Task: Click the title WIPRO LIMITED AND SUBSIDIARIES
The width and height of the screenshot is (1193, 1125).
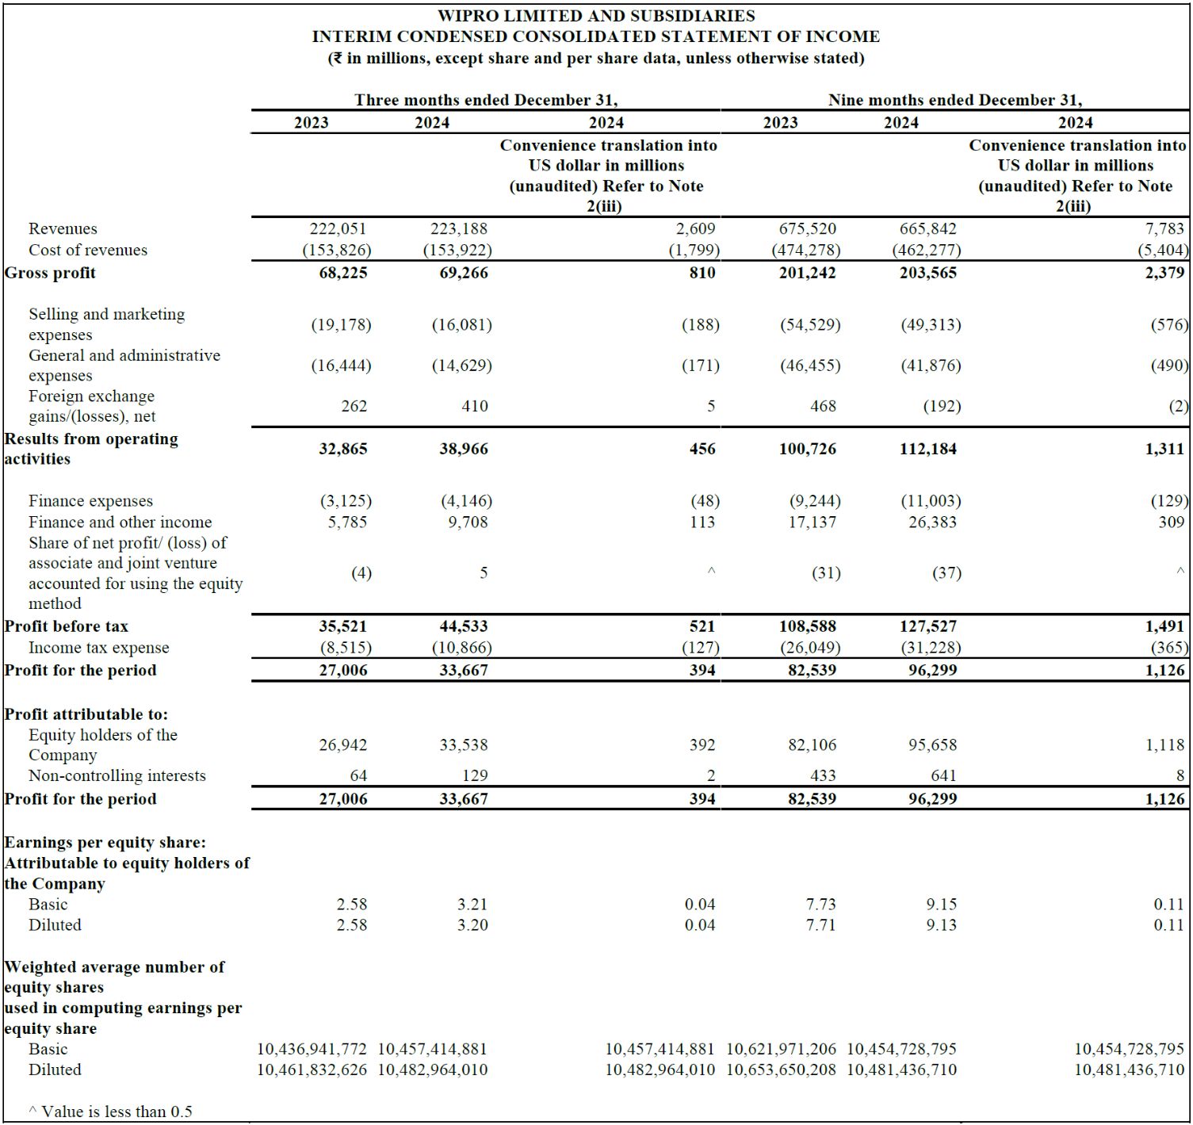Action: (596, 16)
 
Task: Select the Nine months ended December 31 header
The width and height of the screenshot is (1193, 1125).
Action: (954, 100)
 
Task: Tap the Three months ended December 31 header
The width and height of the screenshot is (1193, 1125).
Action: (485, 100)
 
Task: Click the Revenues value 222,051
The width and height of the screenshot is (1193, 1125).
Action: (338, 228)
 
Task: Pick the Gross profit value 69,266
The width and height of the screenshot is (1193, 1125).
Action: (464, 273)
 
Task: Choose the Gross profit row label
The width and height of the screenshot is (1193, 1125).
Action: (50, 273)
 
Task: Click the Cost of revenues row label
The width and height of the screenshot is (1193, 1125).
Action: (88, 250)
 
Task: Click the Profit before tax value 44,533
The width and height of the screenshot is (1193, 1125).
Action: (464, 626)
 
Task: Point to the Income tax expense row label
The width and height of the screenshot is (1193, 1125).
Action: (99, 648)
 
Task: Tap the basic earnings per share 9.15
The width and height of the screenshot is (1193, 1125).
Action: (941, 904)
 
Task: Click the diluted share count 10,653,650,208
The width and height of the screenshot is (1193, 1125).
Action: (781, 1070)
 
